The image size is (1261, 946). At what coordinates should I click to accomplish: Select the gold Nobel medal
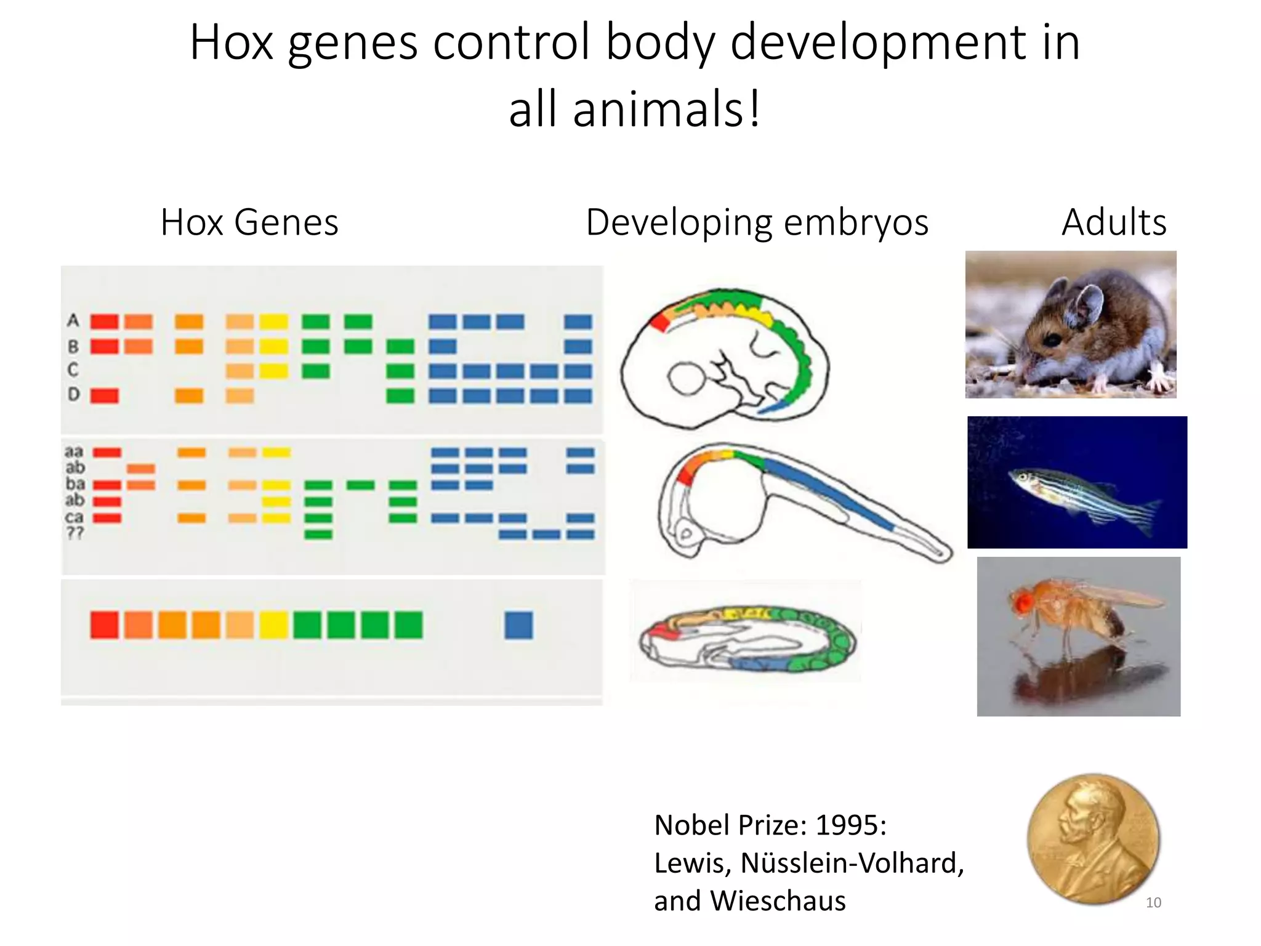tap(1093, 838)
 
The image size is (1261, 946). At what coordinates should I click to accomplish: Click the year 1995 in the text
tap(850, 825)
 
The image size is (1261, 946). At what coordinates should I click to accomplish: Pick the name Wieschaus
tap(778, 900)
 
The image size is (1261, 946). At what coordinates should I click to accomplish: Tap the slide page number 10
tap(1153, 902)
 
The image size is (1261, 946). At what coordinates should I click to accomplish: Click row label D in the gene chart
tap(74, 394)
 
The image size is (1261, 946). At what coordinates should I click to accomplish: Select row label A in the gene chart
tap(73, 320)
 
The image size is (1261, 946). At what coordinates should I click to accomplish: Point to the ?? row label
tap(75, 533)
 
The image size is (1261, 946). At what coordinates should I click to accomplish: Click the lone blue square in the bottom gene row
tap(518, 625)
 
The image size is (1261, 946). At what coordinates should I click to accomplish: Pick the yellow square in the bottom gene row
tap(273, 625)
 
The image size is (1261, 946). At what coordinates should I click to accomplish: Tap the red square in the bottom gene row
tap(104, 625)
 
